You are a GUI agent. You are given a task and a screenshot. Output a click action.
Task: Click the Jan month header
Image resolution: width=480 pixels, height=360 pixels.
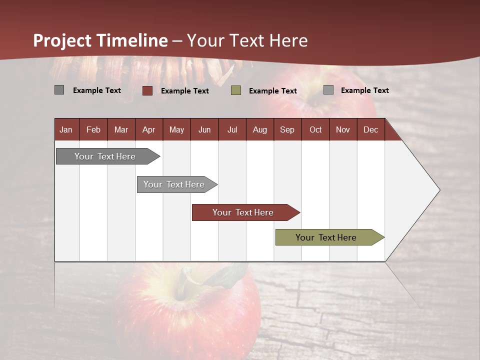pos(66,129)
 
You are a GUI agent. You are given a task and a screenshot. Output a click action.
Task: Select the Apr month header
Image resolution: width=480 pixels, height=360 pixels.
pos(149,129)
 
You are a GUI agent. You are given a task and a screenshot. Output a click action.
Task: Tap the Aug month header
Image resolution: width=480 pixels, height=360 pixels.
pos(259,129)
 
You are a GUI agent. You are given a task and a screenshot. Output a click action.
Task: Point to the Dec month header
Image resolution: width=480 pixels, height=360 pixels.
pos(370,129)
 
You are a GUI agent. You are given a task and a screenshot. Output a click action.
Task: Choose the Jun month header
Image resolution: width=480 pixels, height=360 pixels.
pos(204,129)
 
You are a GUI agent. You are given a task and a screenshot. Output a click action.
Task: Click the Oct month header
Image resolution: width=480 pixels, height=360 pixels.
pos(315,129)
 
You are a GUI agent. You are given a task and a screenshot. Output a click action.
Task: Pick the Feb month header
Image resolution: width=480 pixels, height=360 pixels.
pos(93,129)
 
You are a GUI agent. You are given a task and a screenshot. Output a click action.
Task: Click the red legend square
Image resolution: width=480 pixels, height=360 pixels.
pos(147,90)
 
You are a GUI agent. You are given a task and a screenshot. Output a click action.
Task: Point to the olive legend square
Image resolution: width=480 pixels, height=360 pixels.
pos(236,90)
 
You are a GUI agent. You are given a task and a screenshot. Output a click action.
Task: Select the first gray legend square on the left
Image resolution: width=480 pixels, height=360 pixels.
pos(59,90)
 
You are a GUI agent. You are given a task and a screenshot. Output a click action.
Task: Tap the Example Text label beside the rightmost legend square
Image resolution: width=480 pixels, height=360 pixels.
pos(364,90)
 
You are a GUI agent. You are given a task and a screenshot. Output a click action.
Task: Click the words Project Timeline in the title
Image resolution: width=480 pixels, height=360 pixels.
pos(100,40)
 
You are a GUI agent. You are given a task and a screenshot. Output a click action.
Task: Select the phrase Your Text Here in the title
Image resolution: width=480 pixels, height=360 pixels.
pos(247,40)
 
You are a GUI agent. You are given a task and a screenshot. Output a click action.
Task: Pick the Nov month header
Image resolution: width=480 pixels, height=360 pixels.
pos(343,129)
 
